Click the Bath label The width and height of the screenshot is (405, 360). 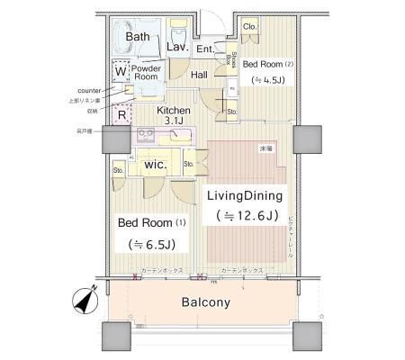pyautogui.click(x=139, y=36)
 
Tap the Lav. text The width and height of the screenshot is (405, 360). pyautogui.click(x=176, y=46)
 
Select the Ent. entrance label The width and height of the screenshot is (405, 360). pyautogui.click(x=204, y=49)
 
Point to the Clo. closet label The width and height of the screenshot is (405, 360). pyautogui.click(x=249, y=27)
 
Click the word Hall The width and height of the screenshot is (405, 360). pyautogui.click(x=199, y=75)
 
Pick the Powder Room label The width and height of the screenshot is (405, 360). pyautogui.click(x=145, y=73)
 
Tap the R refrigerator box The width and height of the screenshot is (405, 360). pyautogui.click(x=121, y=113)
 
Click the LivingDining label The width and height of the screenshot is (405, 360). pyautogui.click(x=245, y=195)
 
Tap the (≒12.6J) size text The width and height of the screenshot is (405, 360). pyautogui.click(x=245, y=216)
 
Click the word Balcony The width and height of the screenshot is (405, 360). pyautogui.click(x=202, y=302)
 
